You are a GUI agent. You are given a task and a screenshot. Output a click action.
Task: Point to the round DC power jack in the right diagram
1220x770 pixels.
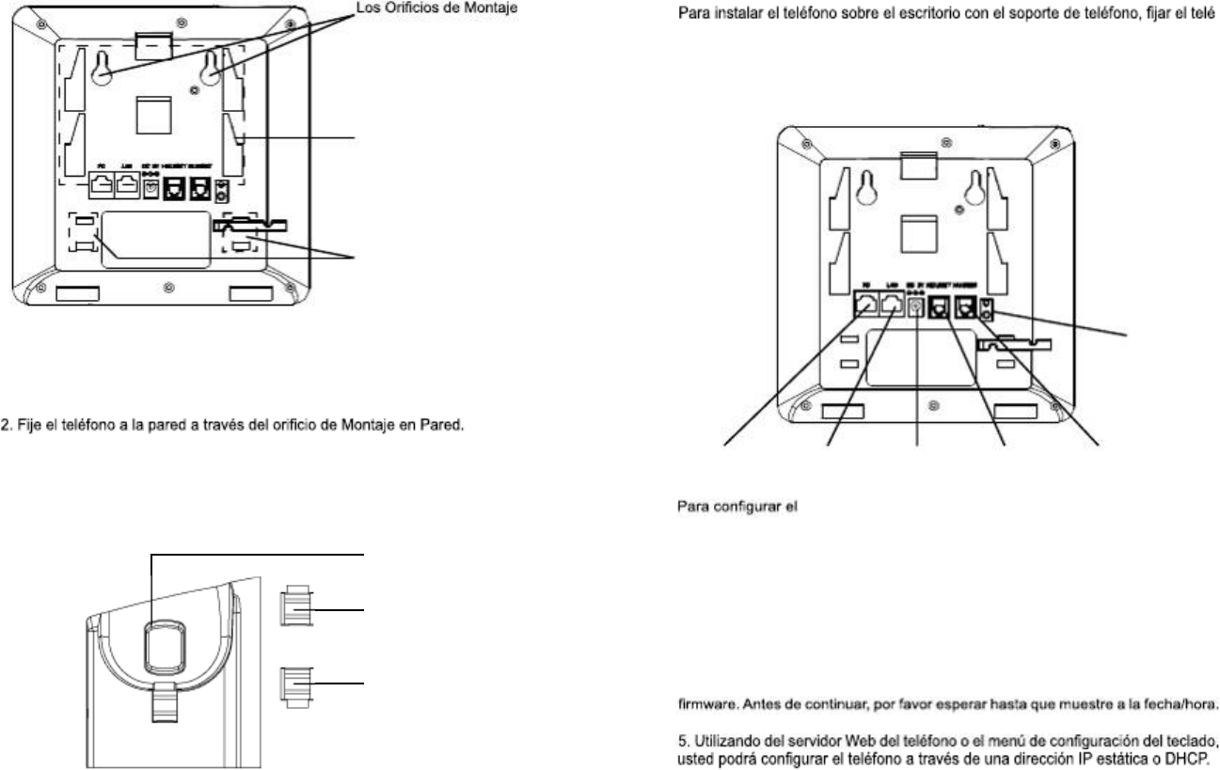point(917,306)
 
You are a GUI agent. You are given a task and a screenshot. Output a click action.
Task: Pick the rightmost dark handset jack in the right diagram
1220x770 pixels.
point(964,306)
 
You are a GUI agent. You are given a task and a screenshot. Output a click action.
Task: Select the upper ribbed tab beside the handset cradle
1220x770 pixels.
point(295,608)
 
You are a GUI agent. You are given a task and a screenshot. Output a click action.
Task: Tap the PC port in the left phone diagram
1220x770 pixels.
point(103,187)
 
